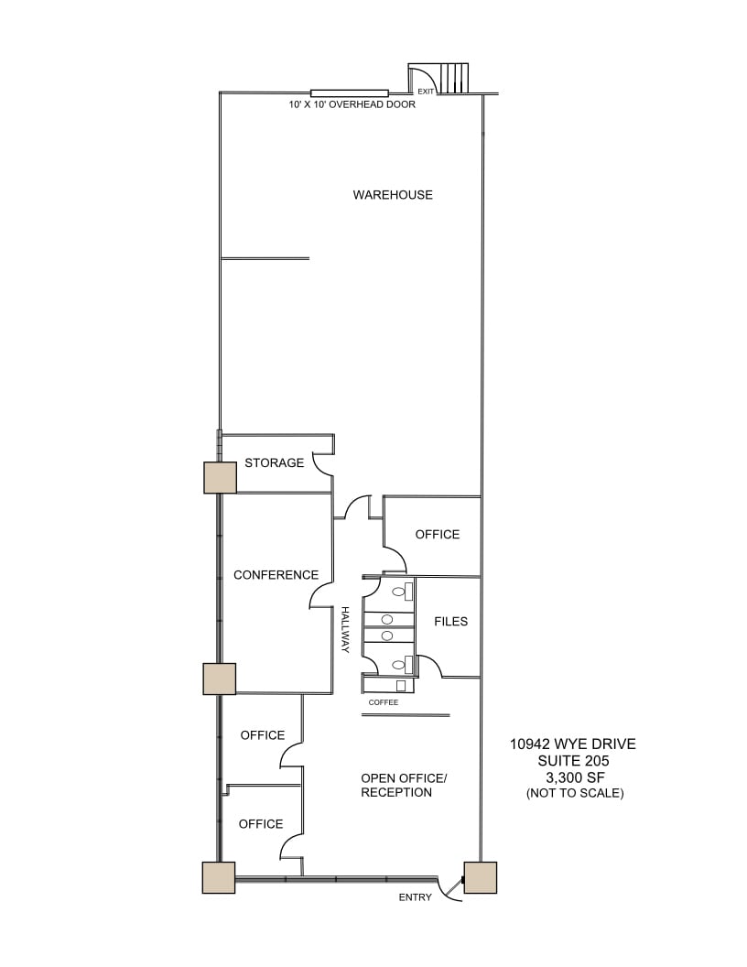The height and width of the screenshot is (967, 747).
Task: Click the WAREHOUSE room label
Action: point(393,195)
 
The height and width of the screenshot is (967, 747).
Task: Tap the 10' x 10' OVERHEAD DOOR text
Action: point(352,105)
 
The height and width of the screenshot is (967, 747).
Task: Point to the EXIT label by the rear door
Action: point(426,92)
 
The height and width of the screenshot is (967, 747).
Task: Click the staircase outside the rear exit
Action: point(453,78)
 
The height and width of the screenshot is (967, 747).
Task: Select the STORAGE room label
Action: point(274,463)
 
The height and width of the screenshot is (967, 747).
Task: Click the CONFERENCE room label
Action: point(276,575)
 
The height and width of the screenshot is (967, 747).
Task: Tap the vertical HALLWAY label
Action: point(346,630)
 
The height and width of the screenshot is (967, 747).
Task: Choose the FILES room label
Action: point(450,622)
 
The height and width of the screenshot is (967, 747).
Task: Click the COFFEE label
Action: point(384,702)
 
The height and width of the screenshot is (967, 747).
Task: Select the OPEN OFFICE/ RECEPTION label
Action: point(403,786)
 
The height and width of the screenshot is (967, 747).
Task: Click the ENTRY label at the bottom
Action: point(415,897)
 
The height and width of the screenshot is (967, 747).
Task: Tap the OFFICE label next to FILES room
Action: point(437,535)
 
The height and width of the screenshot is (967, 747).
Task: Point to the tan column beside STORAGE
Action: point(220,477)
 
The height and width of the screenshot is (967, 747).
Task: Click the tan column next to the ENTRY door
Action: point(480,877)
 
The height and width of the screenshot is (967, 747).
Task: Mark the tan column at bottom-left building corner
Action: point(218,877)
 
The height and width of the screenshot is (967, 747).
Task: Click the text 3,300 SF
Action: point(573,777)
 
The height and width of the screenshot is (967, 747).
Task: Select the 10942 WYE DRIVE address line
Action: point(573,744)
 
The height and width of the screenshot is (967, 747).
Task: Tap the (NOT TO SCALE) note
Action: point(574,793)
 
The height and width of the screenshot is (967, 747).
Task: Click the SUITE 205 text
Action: point(573,761)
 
